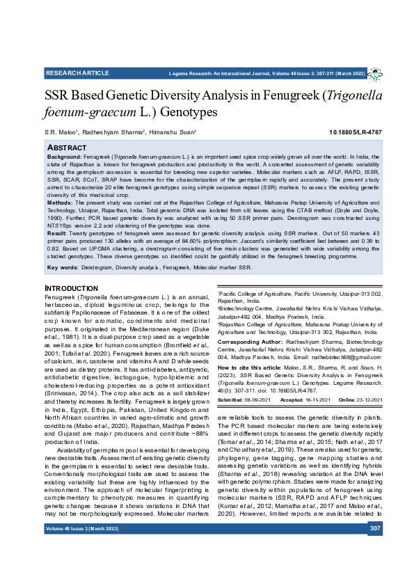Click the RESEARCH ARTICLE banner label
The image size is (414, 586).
tap(72, 73)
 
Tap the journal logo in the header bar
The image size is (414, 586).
tap(375, 73)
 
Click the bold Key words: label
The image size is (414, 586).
tap(63, 268)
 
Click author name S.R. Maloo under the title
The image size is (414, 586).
tap(61, 132)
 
